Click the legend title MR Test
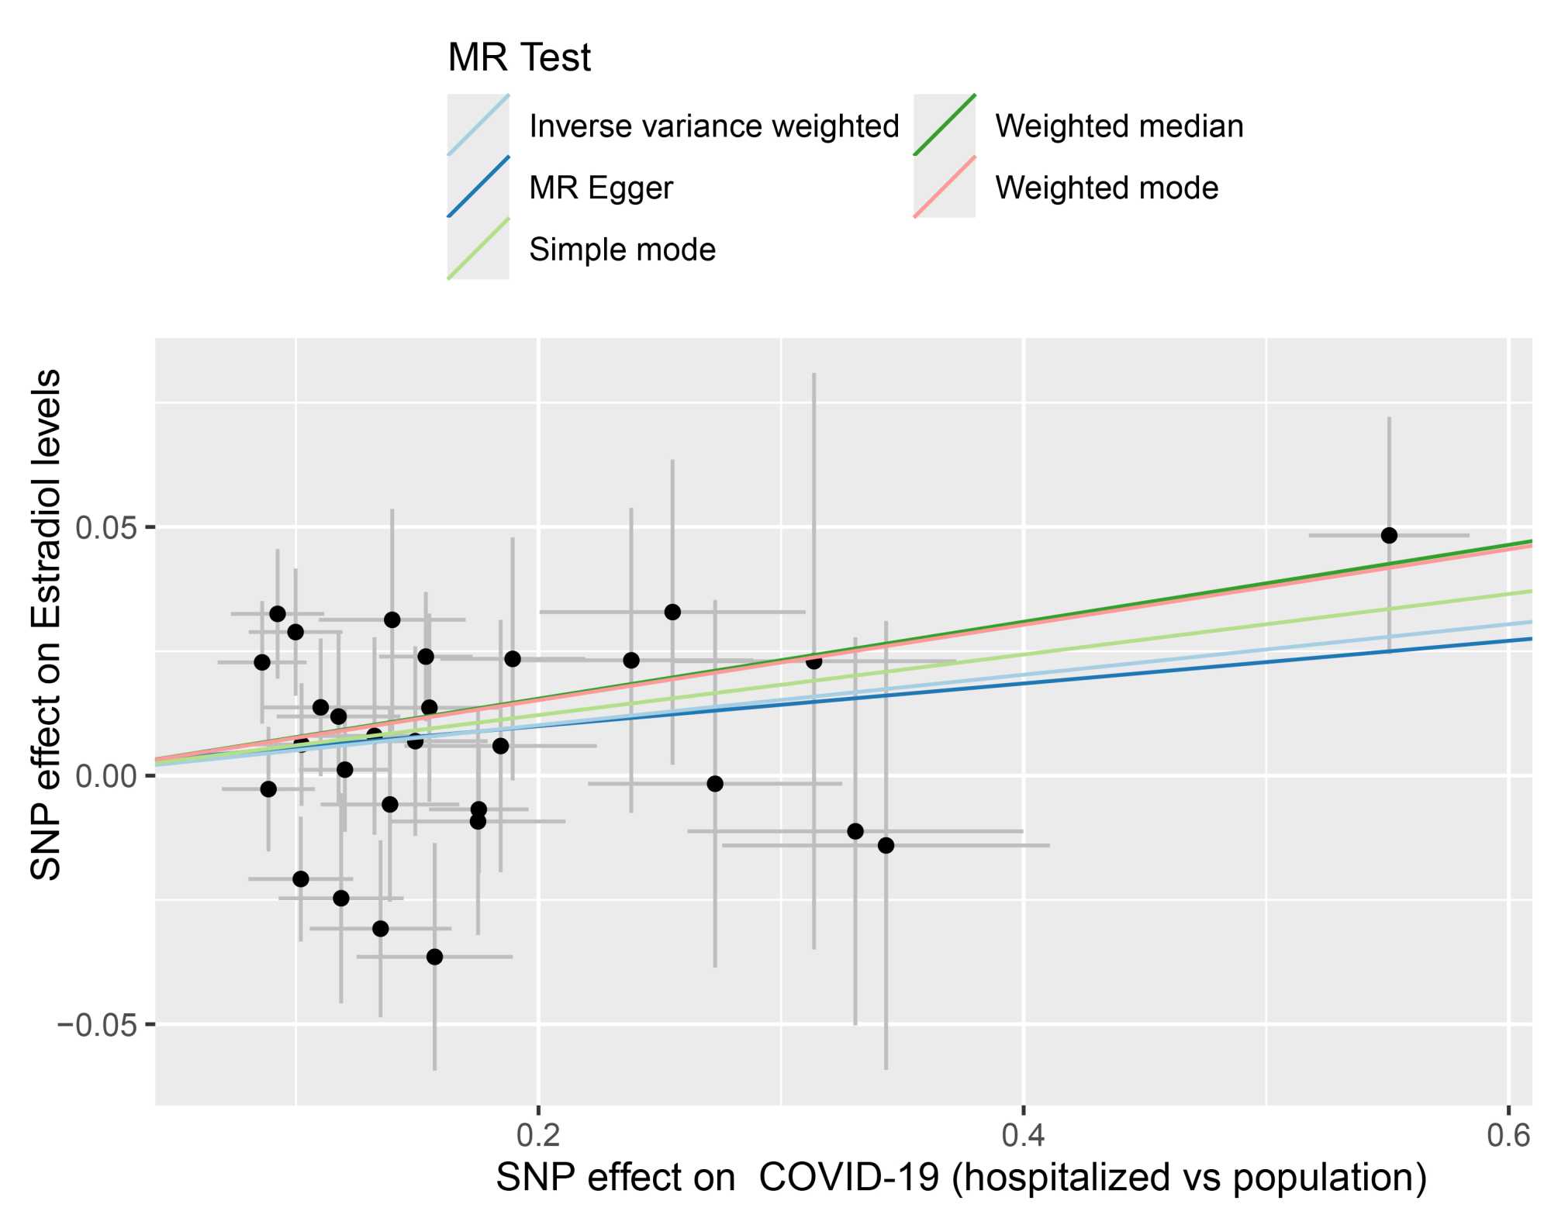click(x=519, y=58)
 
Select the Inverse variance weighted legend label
click(x=713, y=126)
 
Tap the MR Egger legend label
click(x=600, y=188)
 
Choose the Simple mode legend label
click(x=622, y=250)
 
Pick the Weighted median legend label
click(x=1119, y=126)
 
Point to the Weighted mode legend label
click(x=1107, y=188)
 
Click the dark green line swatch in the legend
click(x=945, y=125)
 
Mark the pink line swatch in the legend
click(x=945, y=187)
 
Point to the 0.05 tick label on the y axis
click(x=105, y=528)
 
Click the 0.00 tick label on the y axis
click(x=105, y=776)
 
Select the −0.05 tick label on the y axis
click(x=96, y=1025)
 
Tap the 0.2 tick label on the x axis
click(x=538, y=1136)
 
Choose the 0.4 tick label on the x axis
click(x=1023, y=1136)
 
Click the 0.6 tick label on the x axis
click(x=1508, y=1136)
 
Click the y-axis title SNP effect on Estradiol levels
click(x=47, y=624)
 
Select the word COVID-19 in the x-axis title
click(x=848, y=1178)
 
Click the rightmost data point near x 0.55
click(x=1389, y=536)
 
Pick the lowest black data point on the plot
click(x=434, y=957)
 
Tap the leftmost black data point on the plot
click(x=262, y=662)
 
